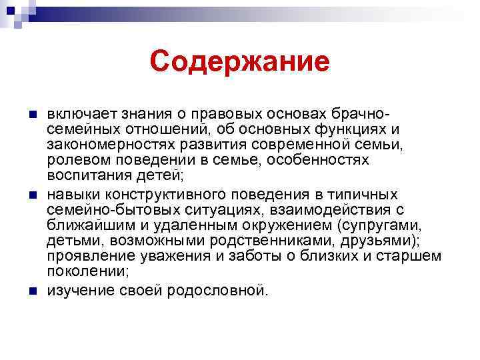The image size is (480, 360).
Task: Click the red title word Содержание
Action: tap(239, 61)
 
